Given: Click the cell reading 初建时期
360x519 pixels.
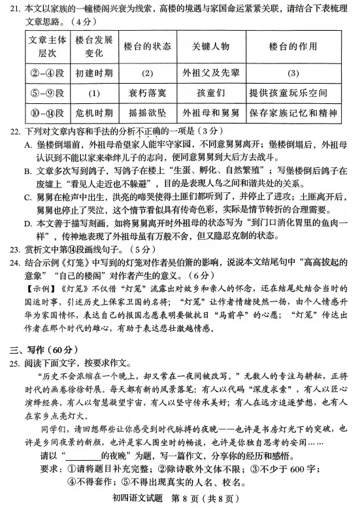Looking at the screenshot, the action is pyautogui.click(x=93, y=73).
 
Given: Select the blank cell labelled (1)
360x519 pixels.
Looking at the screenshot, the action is pyautogui.click(x=93, y=93).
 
